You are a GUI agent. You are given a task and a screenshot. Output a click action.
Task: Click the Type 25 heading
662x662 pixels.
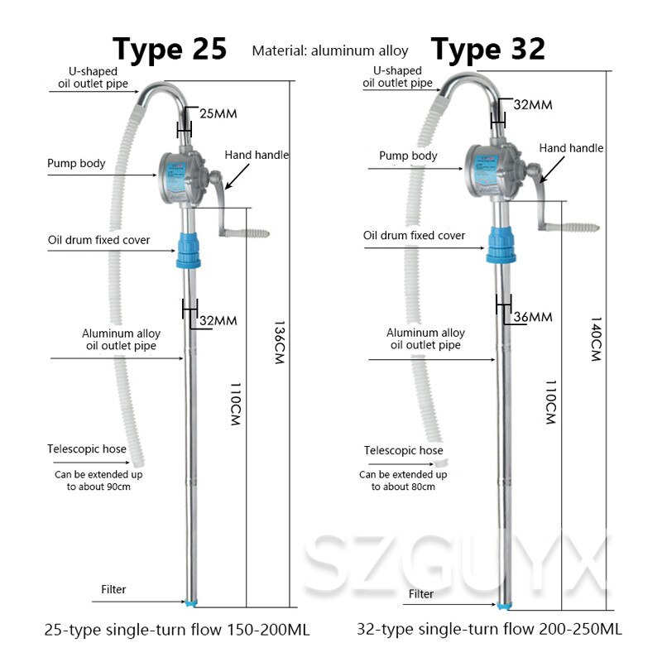(x=170, y=50)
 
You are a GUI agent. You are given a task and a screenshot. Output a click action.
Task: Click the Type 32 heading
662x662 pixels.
(x=488, y=50)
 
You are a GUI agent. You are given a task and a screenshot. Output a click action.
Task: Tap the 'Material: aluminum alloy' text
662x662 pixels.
(x=330, y=51)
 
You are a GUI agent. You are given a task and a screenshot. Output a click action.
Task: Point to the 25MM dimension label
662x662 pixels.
(x=218, y=113)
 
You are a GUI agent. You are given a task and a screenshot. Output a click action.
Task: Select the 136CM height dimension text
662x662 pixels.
(x=280, y=342)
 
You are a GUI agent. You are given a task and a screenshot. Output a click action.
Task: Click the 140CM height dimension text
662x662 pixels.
(x=596, y=339)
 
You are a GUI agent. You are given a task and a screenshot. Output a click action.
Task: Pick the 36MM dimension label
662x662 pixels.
(x=533, y=317)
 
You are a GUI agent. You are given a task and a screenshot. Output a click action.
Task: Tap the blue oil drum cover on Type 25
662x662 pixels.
(x=189, y=251)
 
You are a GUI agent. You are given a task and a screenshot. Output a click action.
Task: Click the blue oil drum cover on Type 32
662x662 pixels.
(x=501, y=245)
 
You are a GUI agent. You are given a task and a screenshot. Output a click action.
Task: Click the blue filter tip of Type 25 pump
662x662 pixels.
(x=191, y=603)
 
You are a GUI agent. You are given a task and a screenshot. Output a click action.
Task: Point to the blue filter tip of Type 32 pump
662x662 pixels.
(x=503, y=607)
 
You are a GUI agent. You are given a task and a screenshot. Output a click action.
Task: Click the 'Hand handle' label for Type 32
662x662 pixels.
(x=571, y=148)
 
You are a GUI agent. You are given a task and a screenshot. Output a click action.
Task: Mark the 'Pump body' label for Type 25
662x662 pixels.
(x=76, y=163)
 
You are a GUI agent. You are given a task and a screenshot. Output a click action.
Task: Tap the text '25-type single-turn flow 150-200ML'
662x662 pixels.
(x=177, y=630)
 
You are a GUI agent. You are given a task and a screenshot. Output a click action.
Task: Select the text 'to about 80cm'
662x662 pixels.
(x=403, y=487)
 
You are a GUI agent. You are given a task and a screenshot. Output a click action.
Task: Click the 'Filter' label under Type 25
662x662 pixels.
(x=113, y=589)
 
